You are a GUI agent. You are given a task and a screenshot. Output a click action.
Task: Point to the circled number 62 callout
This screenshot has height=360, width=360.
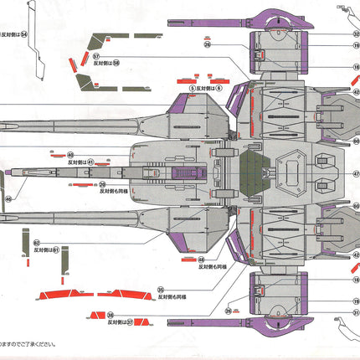(x=37, y=242)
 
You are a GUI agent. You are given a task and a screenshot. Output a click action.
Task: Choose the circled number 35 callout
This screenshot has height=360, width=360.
(x=159, y=290)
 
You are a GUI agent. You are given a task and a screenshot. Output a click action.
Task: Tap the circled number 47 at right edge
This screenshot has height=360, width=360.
(x=356, y=173)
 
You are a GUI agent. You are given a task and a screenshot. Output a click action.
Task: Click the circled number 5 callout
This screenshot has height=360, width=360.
(x=192, y=86)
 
